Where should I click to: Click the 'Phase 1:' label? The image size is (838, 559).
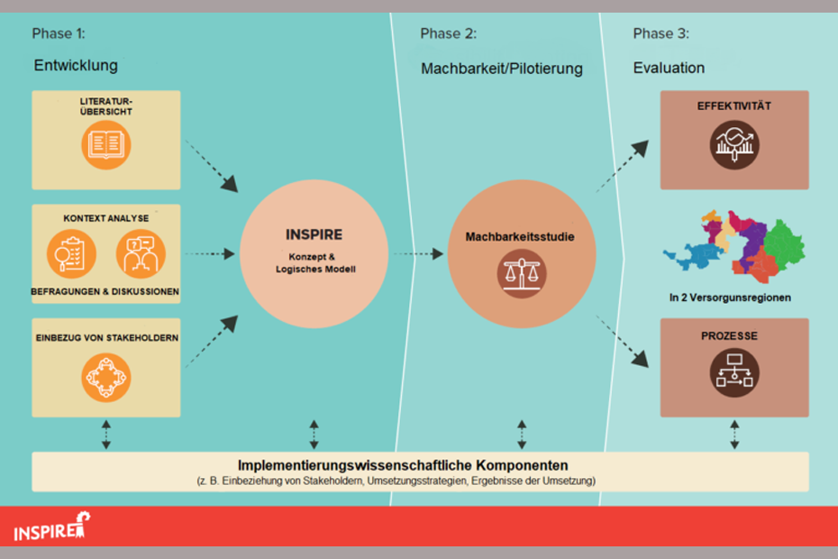[x=59, y=34]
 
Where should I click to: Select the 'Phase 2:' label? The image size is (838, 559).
[x=448, y=34]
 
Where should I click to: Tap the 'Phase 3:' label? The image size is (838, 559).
[x=660, y=34]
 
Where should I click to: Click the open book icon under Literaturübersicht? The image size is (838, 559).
[x=105, y=145]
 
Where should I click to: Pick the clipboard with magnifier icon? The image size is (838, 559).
[x=71, y=255]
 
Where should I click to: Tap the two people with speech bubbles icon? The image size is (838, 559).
[x=141, y=255]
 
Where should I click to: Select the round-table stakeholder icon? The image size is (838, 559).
[x=105, y=378]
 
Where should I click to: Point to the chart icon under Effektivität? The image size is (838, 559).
[x=734, y=144]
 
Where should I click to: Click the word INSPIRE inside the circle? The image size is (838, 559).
[x=314, y=234]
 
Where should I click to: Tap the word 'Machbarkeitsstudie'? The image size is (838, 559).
[x=520, y=237]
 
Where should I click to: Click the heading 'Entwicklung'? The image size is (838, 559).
[x=76, y=66]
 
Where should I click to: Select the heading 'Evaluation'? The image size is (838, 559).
[x=669, y=69]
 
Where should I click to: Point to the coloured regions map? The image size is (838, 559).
[x=733, y=243]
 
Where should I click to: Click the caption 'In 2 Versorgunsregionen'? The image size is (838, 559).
[x=730, y=298]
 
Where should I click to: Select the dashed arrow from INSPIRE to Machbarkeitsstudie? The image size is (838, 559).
[x=417, y=254]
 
